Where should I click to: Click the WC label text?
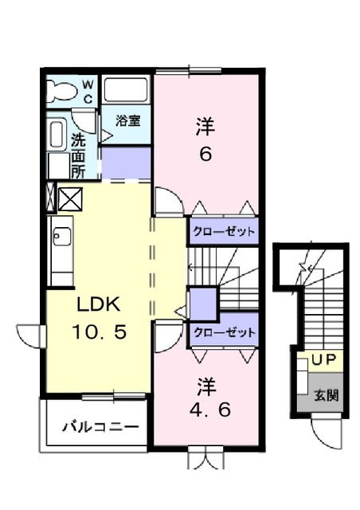click(x=88, y=91)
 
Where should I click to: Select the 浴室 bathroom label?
click(x=127, y=121)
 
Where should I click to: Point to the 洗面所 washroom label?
click(x=78, y=155)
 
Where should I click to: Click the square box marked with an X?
click(x=68, y=196)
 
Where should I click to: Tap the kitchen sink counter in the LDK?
click(x=61, y=255)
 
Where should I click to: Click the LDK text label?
click(x=98, y=304)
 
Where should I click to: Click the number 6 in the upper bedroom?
click(x=205, y=155)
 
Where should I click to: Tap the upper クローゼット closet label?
click(x=224, y=233)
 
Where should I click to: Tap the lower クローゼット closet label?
click(x=224, y=332)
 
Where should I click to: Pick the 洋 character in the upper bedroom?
click(x=205, y=126)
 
